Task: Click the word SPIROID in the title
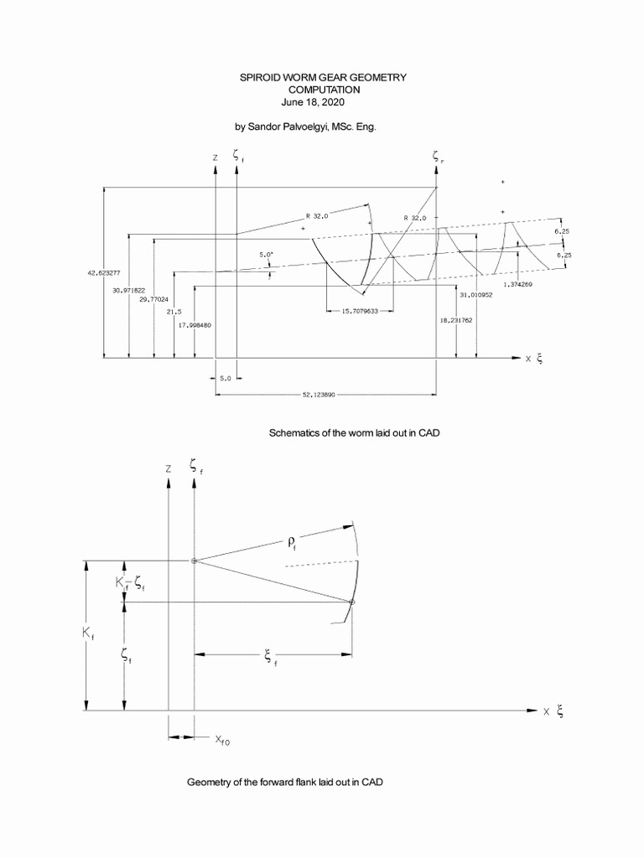tap(261, 77)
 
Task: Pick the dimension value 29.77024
tap(153, 299)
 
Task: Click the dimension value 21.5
tap(174, 311)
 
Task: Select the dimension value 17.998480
tap(195, 325)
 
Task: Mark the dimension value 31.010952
tap(475, 295)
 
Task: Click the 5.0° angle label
tap(267, 254)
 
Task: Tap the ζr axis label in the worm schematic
tap(438, 156)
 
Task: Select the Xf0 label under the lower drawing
tap(222, 739)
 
